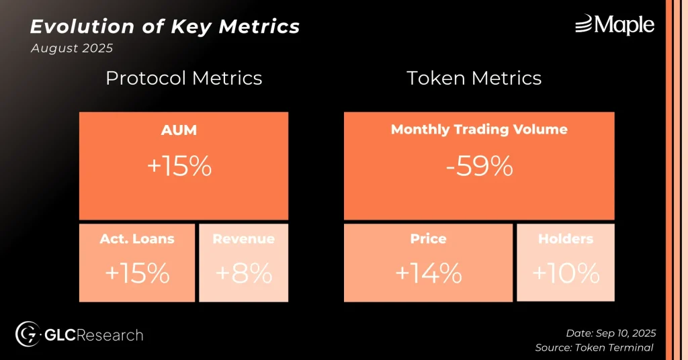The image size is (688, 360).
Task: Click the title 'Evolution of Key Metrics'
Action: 165,27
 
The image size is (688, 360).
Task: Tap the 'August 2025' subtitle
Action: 72,48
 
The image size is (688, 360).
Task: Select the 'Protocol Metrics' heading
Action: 184,79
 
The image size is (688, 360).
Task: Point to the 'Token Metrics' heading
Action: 474,79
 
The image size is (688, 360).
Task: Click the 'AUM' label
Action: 179,130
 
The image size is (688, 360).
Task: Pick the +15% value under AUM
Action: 179,167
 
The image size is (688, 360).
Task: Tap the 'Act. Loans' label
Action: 137,238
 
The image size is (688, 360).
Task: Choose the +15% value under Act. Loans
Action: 137,273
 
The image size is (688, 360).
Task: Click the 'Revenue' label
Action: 243,238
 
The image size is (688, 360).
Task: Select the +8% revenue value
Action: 244,273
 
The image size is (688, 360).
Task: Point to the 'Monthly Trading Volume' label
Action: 479,130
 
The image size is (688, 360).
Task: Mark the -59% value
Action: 479,167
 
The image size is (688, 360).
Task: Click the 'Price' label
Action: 428,238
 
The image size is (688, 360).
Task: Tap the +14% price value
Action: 429,273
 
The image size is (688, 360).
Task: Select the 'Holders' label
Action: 566,238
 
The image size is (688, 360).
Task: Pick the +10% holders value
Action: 566,273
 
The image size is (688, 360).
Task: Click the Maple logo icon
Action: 584,24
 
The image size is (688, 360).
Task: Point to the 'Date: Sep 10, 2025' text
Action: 611,333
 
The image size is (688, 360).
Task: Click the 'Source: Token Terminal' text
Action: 594,348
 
